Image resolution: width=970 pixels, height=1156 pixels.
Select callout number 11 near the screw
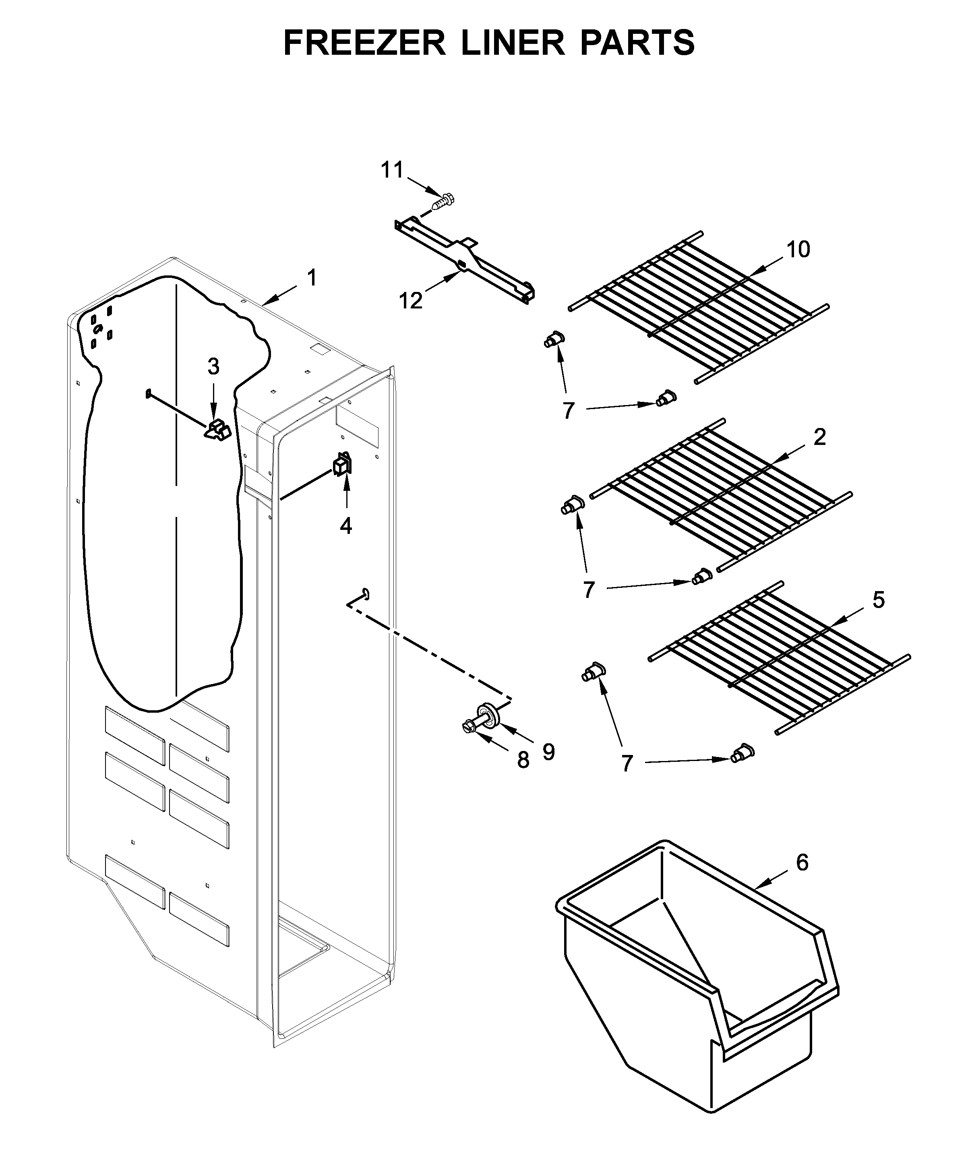(393, 170)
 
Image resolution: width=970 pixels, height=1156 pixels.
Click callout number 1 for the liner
(312, 278)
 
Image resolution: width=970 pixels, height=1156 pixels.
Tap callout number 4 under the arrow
(346, 526)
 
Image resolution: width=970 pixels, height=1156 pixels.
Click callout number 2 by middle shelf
(820, 437)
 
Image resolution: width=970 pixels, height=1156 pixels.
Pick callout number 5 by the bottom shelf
(879, 600)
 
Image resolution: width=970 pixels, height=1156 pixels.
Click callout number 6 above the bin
(802, 862)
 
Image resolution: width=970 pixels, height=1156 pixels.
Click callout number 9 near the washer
(548, 753)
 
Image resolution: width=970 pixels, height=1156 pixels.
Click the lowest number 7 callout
(627, 763)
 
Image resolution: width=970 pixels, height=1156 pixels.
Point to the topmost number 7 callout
(569, 411)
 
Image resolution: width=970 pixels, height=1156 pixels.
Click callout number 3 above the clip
(213, 366)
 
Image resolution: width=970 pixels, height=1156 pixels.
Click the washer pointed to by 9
(489, 712)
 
